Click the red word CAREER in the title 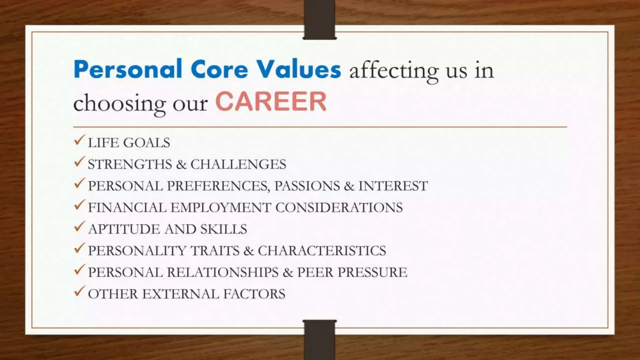coord(271,102)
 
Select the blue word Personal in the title coord(128,69)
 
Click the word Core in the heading coord(219,69)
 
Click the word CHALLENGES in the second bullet coord(238,164)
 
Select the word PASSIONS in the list coord(307,186)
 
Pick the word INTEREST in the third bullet coord(393,186)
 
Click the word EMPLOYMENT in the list coord(221,207)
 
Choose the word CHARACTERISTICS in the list coord(322,251)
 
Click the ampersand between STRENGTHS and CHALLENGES coord(181,164)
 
